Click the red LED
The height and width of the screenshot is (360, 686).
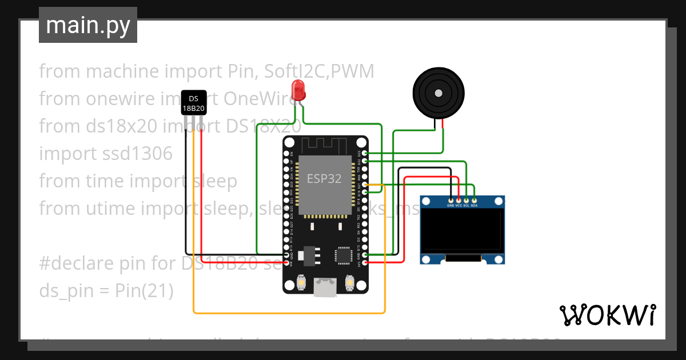pos(298,90)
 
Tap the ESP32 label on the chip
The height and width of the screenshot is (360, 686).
pos(324,178)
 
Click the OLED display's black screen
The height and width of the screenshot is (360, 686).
pos(463,231)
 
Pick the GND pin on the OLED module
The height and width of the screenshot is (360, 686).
pos(451,200)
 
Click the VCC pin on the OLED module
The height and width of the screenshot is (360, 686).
pos(458,200)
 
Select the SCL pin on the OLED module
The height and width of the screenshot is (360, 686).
pos(466,200)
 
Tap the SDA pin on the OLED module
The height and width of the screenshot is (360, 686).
pos(474,200)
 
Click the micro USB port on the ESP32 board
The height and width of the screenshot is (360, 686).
pos(325,288)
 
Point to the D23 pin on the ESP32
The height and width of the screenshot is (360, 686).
pos(365,154)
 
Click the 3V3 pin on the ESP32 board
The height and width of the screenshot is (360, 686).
pos(365,263)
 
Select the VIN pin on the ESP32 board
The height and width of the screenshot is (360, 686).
pos(286,263)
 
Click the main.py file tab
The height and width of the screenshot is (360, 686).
pos(88,25)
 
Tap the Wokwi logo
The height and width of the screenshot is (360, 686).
pos(607,315)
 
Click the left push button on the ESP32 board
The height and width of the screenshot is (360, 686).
pos(301,282)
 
